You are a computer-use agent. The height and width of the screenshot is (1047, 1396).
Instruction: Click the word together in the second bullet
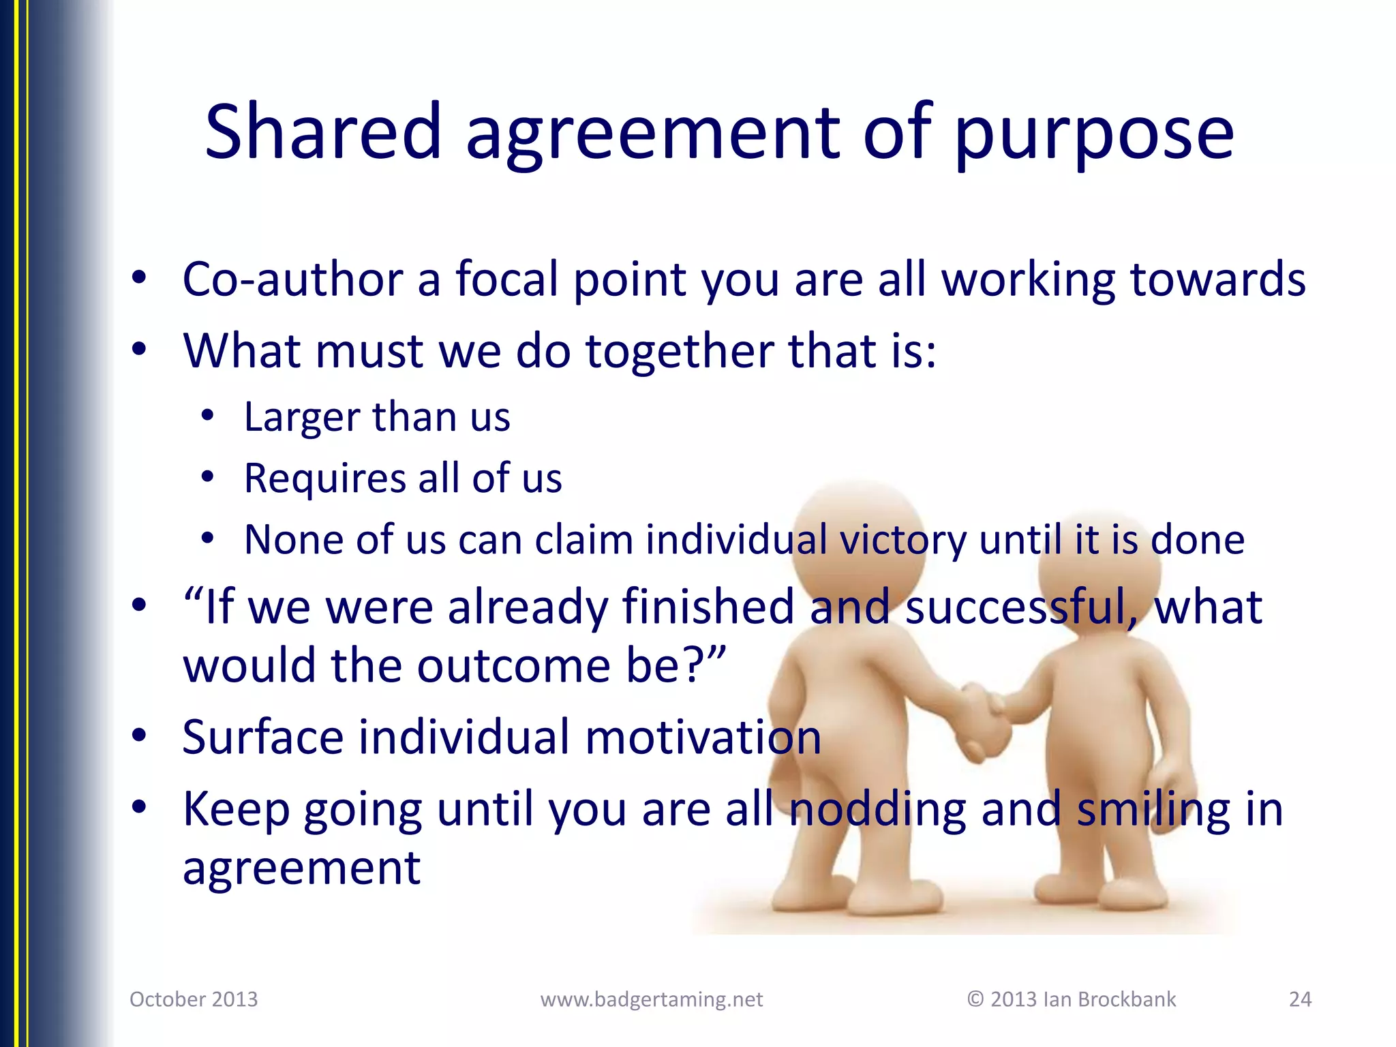[x=680, y=351]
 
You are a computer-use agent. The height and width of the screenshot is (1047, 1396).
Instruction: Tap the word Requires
[x=324, y=479]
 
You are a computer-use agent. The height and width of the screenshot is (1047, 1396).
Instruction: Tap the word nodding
[x=877, y=810]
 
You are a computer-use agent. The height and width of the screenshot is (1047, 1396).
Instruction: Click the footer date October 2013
[x=194, y=999]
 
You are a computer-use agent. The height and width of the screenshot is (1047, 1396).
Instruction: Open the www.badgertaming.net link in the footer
[x=651, y=999]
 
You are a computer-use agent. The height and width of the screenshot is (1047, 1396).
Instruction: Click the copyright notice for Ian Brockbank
[x=1072, y=999]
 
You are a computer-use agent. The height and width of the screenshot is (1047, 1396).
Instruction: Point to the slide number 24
[x=1300, y=999]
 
